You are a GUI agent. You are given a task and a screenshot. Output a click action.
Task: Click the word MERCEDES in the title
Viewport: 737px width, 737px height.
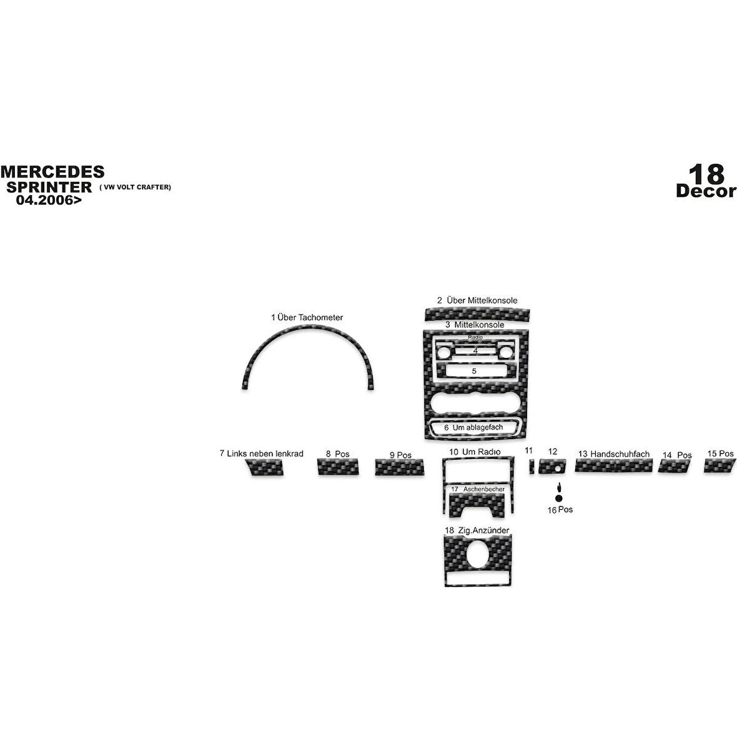(x=52, y=172)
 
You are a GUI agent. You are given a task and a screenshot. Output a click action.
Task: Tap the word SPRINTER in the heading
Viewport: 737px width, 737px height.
(x=49, y=187)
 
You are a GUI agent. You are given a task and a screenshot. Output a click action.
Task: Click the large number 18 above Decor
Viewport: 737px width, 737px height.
(x=706, y=173)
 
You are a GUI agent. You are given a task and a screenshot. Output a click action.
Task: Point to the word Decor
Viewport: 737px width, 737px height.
(x=706, y=191)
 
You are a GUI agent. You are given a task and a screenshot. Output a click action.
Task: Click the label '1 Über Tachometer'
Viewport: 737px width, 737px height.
(x=307, y=317)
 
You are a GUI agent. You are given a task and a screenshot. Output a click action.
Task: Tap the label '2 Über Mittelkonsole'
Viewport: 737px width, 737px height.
(x=477, y=300)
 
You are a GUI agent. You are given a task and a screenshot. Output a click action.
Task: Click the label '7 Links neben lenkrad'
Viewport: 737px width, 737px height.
(x=261, y=453)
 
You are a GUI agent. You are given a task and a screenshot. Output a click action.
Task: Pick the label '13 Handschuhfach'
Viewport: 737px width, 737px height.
(x=613, y=454)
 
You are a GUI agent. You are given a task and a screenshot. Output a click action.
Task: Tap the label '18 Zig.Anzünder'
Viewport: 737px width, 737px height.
(x=477, y=530)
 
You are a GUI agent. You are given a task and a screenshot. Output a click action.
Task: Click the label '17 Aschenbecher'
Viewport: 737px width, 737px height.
(x=477, y=489)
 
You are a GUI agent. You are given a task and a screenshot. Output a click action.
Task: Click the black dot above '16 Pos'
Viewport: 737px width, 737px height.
(x=558, y=498)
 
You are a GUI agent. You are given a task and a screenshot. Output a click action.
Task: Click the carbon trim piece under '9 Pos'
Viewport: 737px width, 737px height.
(x=398, y=467)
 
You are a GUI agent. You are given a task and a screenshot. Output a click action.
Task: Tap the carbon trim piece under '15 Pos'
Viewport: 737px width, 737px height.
(x=718, y=465)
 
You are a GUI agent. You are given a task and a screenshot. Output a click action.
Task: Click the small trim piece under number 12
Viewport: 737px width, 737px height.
(x=552, y=466)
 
